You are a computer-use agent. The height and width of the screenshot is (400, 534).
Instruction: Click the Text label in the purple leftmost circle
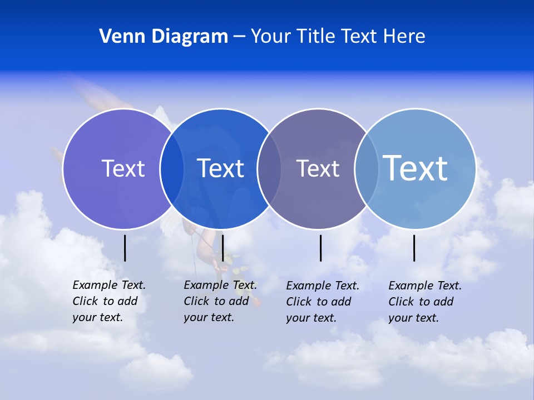[x=123, y=168]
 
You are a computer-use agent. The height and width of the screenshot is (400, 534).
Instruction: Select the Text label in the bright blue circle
[x=221, y=168]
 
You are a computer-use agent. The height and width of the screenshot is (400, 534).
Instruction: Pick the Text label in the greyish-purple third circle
[x=318, y=168]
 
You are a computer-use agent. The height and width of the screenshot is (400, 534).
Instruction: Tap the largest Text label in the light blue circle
[x=416, y=168]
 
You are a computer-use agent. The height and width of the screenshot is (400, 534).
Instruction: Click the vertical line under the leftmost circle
[x=125, y=248]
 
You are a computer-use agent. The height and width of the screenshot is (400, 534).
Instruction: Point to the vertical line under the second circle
[x=222, y=248]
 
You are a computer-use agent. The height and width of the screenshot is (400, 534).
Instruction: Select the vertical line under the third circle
[x=320, y=248]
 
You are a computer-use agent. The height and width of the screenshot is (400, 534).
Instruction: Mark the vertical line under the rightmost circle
[x=414, y=248]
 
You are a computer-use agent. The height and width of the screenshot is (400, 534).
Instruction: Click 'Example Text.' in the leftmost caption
[x=109, y=285]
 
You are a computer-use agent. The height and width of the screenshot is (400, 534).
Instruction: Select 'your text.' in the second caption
[x=209, y=317]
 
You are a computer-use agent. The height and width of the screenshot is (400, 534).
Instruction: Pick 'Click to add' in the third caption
[x=319, y=302]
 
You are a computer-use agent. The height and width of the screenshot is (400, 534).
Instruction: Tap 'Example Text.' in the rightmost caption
[x=425, y=286]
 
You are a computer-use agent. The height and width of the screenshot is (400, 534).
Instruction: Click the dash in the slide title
[x=239, y=37]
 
